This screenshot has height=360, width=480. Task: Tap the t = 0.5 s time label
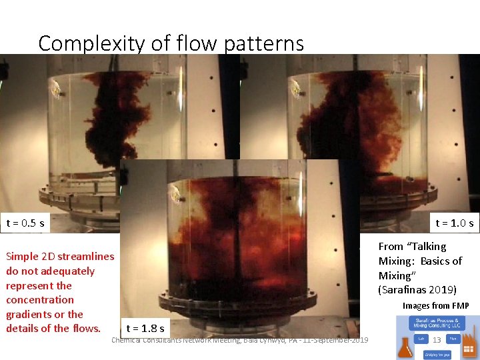25,223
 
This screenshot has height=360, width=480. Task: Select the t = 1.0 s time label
455,223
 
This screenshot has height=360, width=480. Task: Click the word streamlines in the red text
86,257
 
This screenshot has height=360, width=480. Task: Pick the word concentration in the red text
40,300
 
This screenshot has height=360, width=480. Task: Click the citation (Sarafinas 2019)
417,290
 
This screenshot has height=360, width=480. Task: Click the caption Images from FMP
435,306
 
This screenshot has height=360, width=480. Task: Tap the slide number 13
437,340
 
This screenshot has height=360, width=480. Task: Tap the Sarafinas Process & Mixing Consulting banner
437,324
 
